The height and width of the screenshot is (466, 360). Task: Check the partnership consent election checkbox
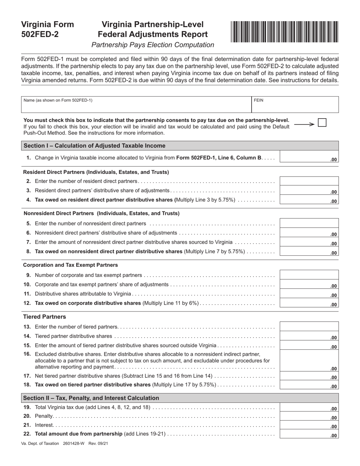click(x=322, y=123)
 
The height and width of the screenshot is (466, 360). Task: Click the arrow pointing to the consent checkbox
click(x=304, y=124)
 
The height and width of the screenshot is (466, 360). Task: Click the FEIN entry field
click(x=295, y=105)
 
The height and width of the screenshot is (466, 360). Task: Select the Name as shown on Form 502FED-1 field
click(x=136, y=105)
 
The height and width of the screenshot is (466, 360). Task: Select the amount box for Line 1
click(x=309, y=158)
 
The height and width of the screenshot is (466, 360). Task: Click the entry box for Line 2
click(x=309, y=181)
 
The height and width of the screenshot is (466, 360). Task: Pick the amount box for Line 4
click(x=309, y=200)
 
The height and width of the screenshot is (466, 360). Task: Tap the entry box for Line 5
click(x=309, y=223)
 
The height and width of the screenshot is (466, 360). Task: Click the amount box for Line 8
click(x=309, y=252)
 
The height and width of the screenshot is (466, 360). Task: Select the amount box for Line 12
click(x=309, y=303)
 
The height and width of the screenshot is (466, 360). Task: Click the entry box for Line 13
click(x=309, y=326)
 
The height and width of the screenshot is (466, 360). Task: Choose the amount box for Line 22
click(x=309, y=434)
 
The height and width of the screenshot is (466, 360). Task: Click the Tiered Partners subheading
click(x=44, y=317)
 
